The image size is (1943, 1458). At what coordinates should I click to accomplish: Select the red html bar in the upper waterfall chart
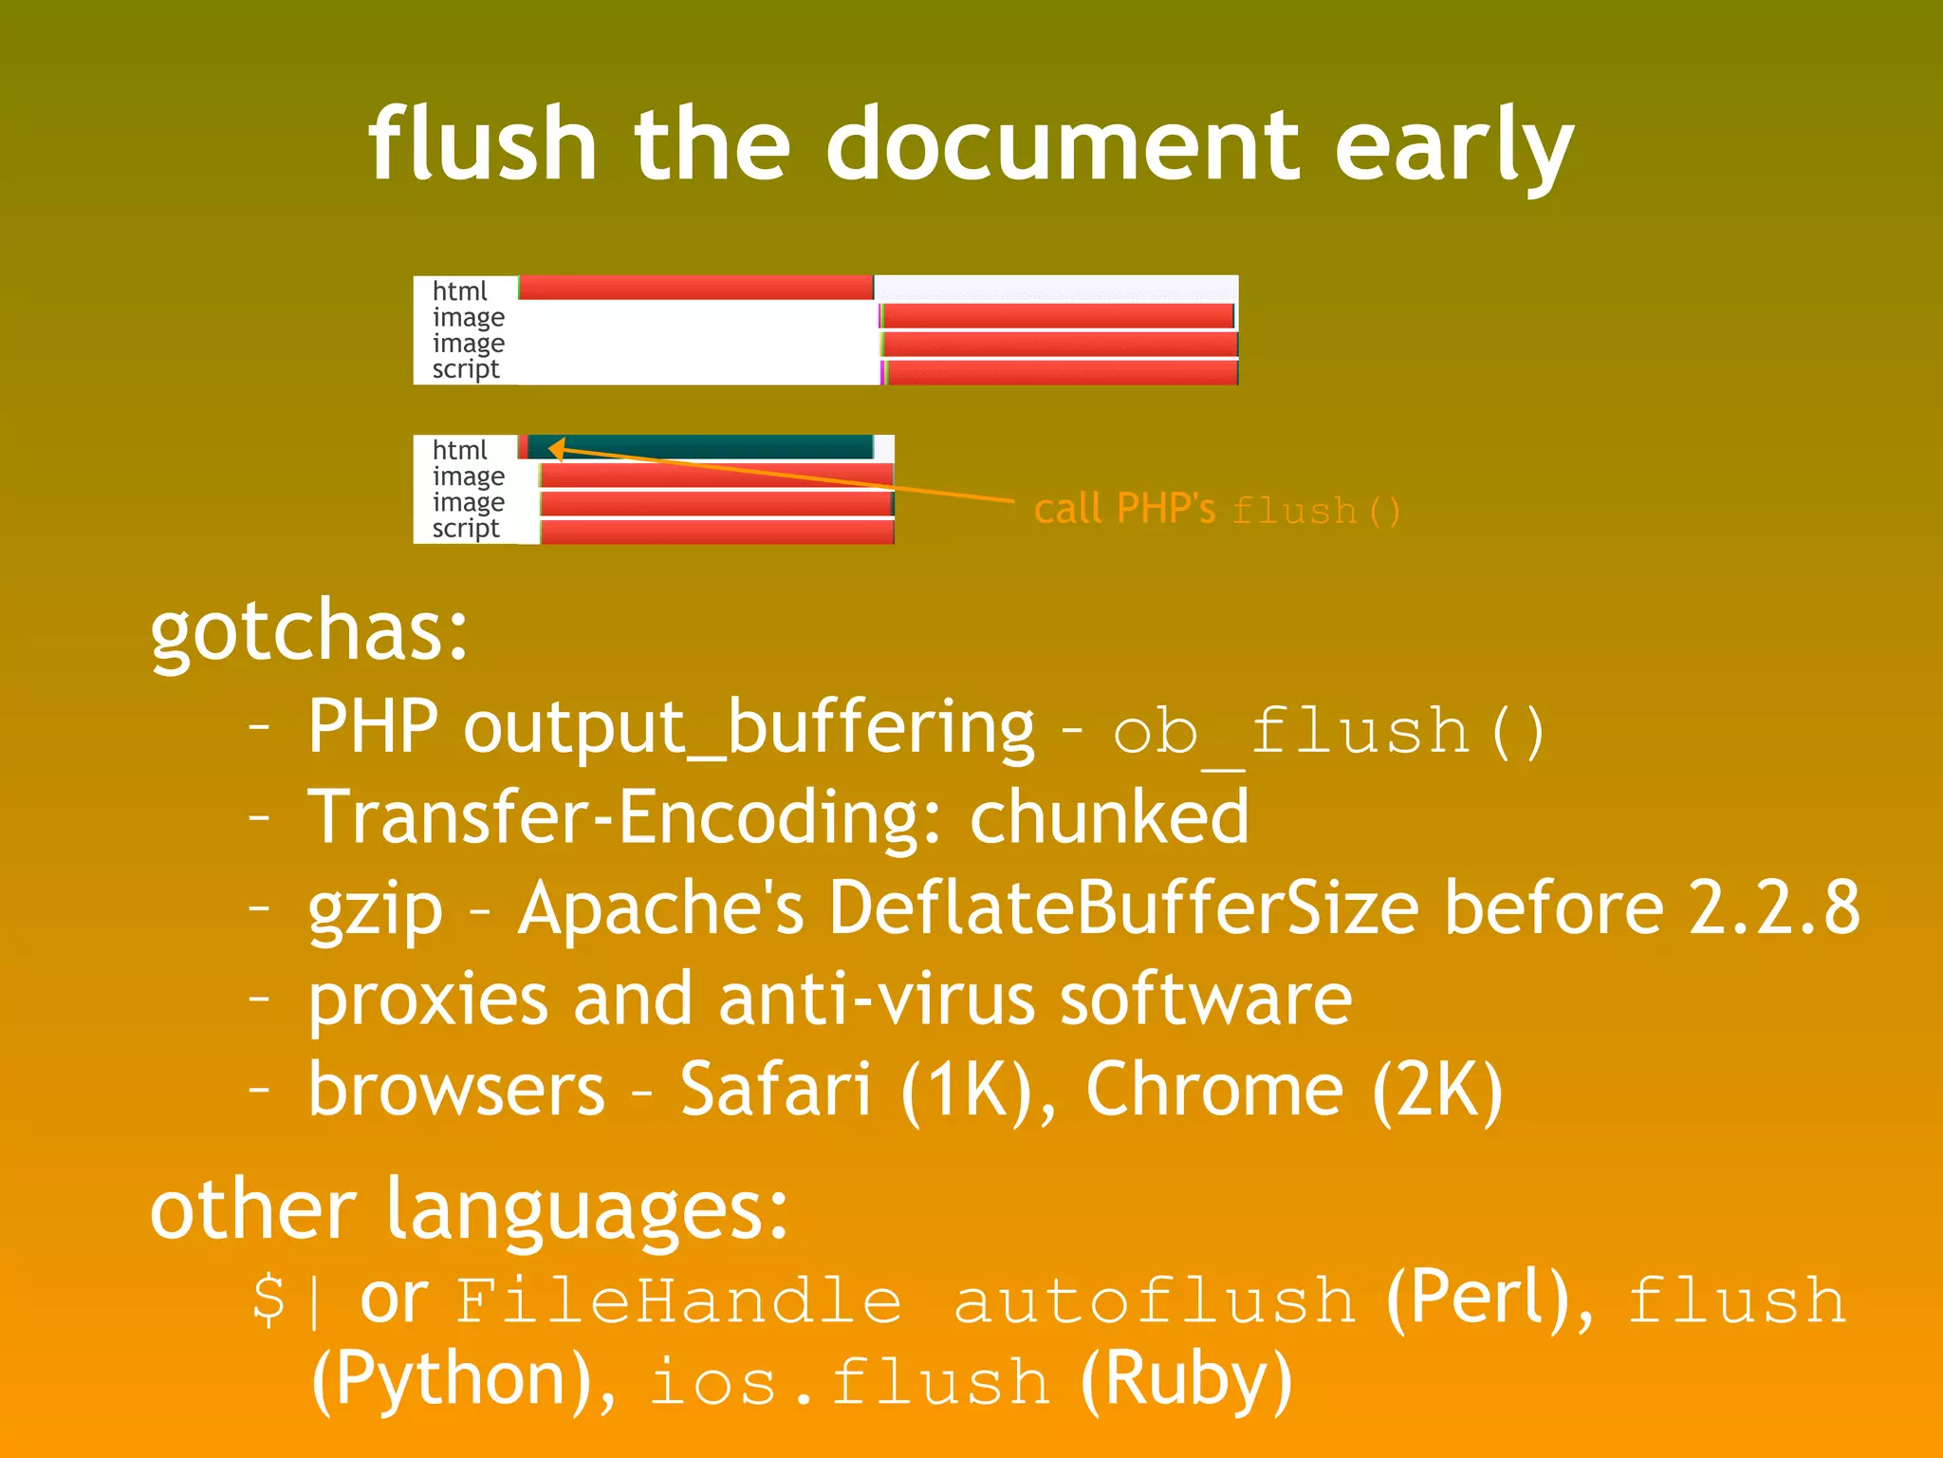coord(695,288)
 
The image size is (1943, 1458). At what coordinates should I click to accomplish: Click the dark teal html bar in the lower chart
coord(702,447)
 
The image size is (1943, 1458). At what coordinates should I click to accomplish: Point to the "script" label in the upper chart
coord(465,369)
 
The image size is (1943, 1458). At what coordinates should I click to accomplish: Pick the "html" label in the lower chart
coord(459,449)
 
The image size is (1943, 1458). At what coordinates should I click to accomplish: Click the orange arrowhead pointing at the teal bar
coord(557,449)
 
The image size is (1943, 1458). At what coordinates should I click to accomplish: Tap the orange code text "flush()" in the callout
coord(1315,511)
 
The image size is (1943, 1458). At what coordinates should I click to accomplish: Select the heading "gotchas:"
coord(309,630)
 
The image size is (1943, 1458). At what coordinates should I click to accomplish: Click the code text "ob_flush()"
coord(1328,732)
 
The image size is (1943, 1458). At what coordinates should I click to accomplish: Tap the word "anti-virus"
coord(876,999)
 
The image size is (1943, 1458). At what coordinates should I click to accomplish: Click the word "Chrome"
coord(1214,1090)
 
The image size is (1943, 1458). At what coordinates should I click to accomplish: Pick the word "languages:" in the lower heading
coord(587,1210)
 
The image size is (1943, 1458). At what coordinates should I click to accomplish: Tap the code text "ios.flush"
coord(850,1382)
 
